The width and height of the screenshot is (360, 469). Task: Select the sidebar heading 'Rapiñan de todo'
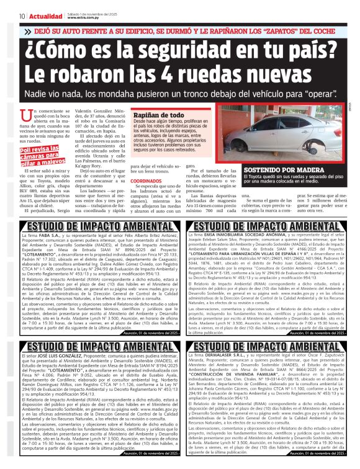click(158, 115)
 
